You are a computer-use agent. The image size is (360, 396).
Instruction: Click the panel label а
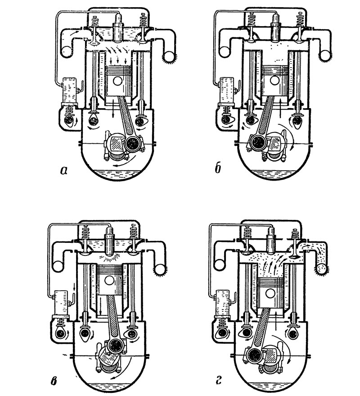point(64,171)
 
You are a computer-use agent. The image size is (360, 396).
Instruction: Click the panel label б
point(218,168)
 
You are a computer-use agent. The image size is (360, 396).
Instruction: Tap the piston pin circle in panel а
point(117,81)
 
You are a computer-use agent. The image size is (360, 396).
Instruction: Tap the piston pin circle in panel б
point(274,81)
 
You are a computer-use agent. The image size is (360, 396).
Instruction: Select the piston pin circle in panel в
point(109,280)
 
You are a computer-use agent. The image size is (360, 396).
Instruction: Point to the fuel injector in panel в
point(109,241)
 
